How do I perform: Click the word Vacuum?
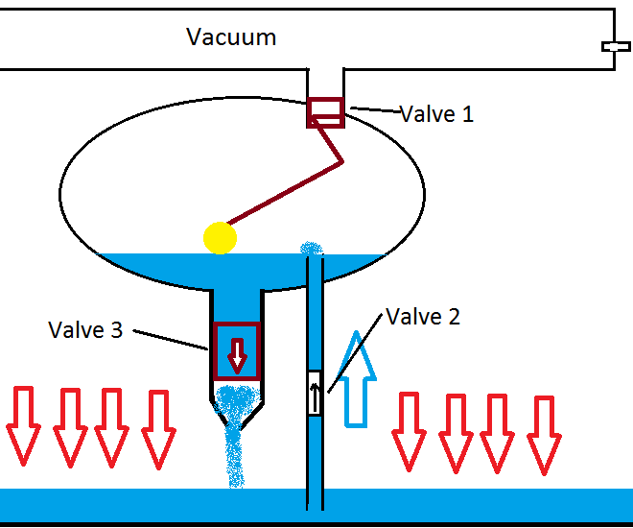pyautogui.click(x=231, y=37)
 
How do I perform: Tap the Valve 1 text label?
pyautogui.click(x=436, y=114)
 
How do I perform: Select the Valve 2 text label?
pyautogui.click(x=422, y=317)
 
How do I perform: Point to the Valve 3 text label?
pyautogui.click(x=85, y=329)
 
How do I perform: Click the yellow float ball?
pyautogui.click(x=220, y=237)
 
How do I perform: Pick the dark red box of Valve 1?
pyautogui.click(x=325, y=112)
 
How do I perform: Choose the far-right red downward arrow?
pyautogui.click(x=544, y=433)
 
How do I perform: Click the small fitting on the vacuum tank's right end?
pyautogui.click(x=614, y=46)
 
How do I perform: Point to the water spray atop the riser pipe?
pyautogui.click(x=312, y=249)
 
